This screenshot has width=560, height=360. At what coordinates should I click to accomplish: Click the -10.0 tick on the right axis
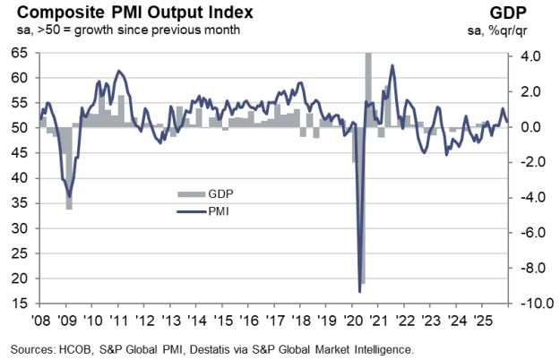529,304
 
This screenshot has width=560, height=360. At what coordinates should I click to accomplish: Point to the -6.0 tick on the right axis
529,232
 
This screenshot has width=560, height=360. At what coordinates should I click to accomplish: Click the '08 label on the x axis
42,320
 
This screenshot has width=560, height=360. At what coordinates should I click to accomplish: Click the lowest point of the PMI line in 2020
359,291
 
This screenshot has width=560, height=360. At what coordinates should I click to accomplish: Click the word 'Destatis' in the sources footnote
242,348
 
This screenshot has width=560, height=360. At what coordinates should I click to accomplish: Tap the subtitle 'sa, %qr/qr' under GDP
524,30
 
